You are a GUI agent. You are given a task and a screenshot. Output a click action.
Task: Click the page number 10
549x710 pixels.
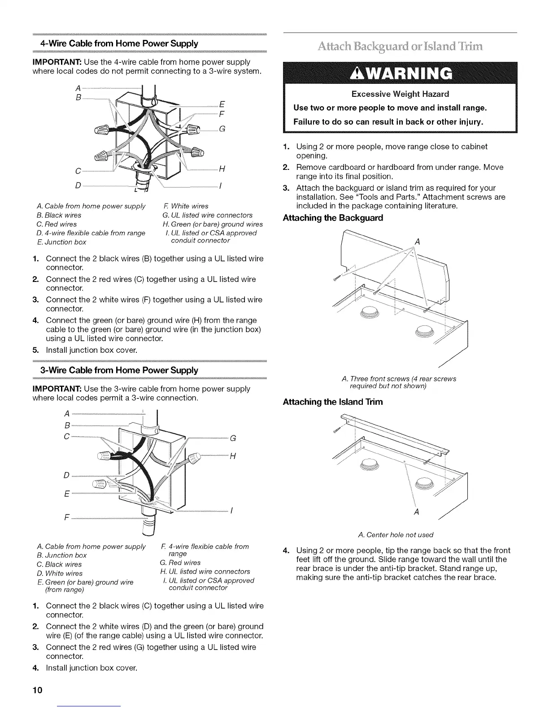[x=37, y=689]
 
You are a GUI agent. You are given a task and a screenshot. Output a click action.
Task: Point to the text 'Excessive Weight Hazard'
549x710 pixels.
[x=400, y=94]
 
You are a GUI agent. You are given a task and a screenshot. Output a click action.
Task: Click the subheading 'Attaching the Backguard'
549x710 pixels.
[x=333, y=218]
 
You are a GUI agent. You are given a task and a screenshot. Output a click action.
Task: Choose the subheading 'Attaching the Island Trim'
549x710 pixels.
[x=333, y=402]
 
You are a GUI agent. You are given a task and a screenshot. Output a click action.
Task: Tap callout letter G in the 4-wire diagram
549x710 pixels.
[x=222, y=130]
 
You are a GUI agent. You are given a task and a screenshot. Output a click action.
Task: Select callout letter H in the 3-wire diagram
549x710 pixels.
[x=233, y=456]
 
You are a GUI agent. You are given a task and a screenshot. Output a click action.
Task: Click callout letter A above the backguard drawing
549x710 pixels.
[x=418, y=242]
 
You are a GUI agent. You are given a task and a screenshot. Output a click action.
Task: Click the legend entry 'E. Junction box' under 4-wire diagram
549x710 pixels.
[x=61, y=242]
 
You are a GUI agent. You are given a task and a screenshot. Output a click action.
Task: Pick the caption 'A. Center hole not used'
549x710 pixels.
[x=396, y=535]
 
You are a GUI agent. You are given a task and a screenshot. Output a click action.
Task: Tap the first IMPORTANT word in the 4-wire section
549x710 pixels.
[x=57, y=62]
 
